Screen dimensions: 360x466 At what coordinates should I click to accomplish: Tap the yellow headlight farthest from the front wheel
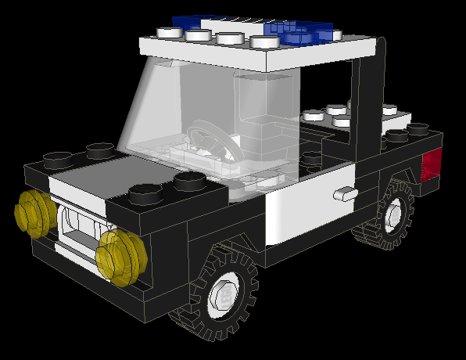(x=33, y=214)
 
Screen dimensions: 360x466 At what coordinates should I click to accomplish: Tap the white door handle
(x=344, y=193)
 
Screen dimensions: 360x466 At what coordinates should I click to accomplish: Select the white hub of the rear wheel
(x=392, y=212)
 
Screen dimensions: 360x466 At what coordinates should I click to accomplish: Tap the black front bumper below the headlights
(x=86, y=274)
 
